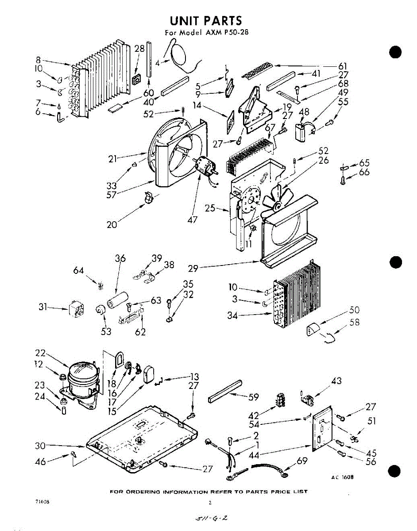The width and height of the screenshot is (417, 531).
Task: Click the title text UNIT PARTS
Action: coord(206,20)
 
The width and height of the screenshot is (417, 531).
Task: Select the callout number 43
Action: coord(336,381)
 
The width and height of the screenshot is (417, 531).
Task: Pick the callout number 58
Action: coord(355,322)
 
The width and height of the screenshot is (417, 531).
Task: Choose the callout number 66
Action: coord(364,172)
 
